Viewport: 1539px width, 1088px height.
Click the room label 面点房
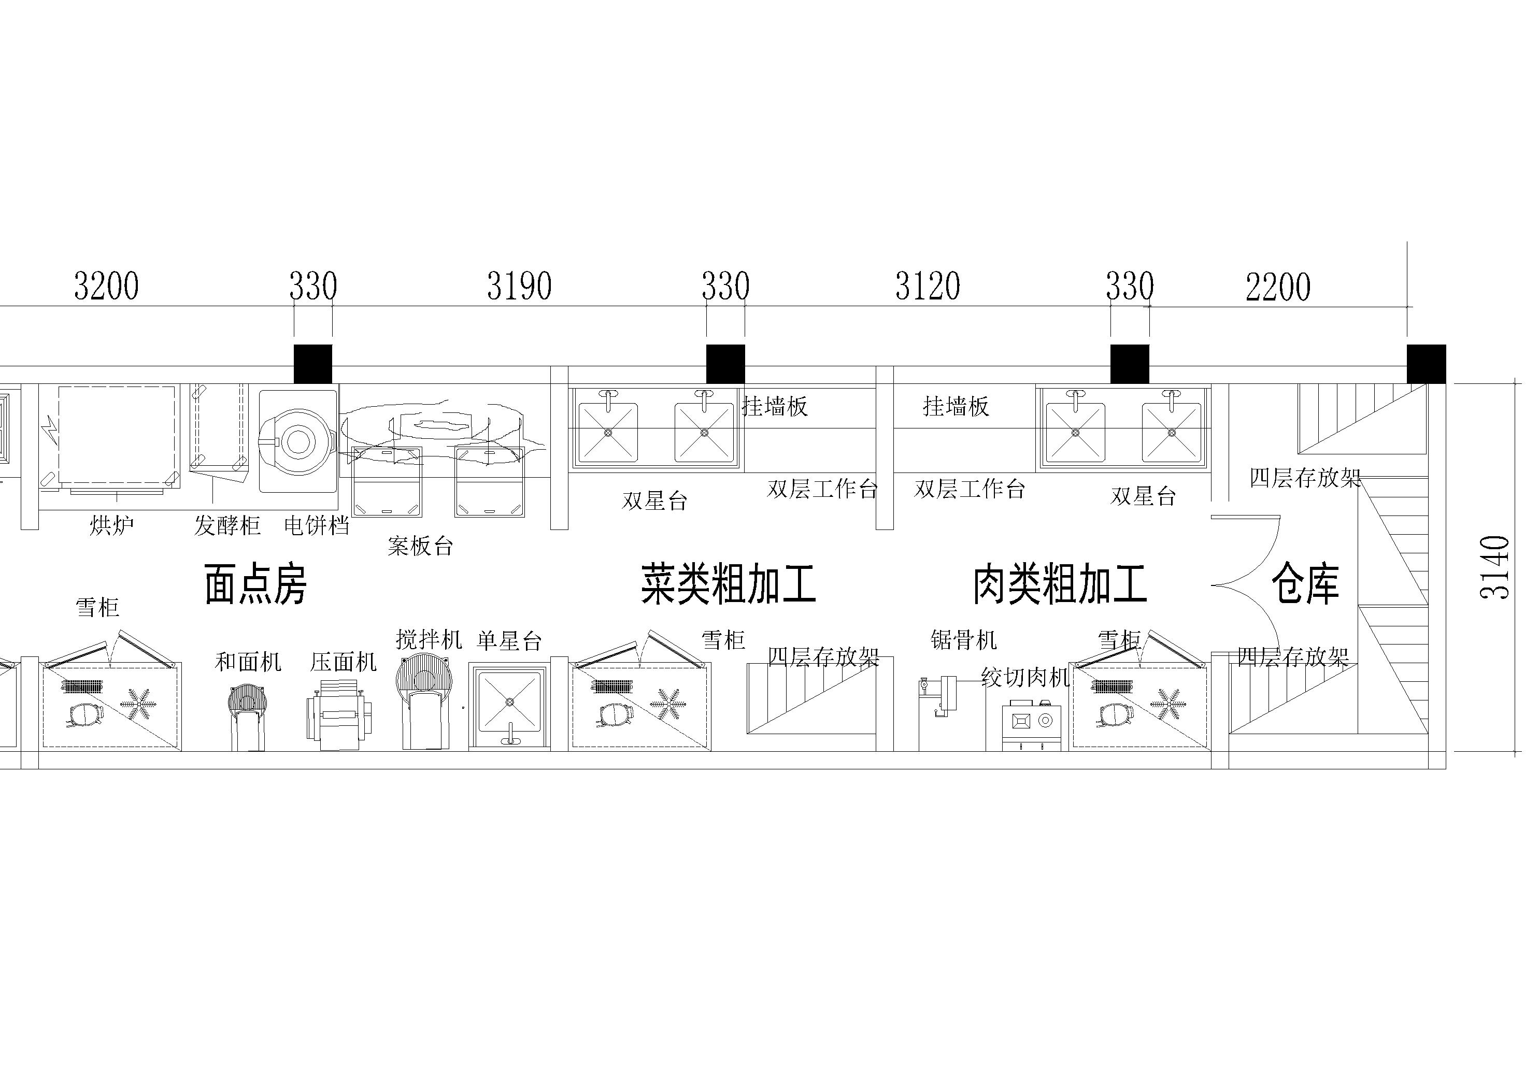coord(255,584)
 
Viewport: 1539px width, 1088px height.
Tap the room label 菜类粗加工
coord(728,584)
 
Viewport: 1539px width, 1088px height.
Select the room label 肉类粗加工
coord(1060,584)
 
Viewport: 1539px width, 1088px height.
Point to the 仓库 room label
coord(1305,584)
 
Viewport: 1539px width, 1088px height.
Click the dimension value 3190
coord(520,286)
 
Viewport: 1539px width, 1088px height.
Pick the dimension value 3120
coord(929,286)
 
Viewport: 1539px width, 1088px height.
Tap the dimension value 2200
coord(1278,287)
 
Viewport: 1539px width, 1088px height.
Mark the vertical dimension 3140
coord(1495,567)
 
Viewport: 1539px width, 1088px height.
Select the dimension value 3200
coord(107,286)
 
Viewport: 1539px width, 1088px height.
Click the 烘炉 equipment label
coord(112,525)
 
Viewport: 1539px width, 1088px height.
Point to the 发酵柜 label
coord(227,525)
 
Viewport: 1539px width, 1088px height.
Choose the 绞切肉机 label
coord(1025,677)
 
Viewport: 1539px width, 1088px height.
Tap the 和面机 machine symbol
coord(246,717)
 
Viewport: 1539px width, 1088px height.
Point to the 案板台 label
coord(420,546)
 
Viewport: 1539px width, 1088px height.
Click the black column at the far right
coord(1427,364)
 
